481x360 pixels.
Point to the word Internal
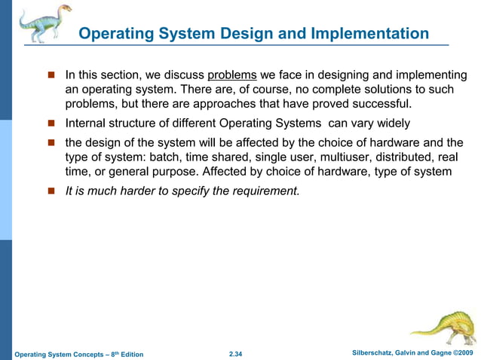coord(86,123)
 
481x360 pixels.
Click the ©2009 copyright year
coord(462,353)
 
